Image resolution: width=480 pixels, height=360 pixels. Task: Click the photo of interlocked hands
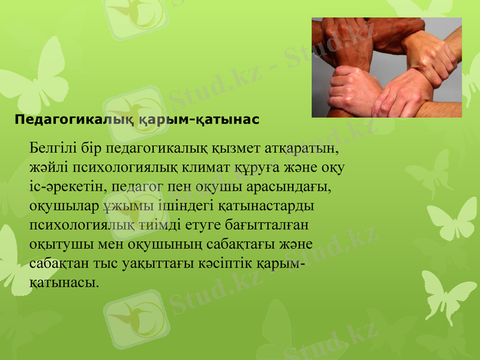pyautogui.click(x=386, y=67)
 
